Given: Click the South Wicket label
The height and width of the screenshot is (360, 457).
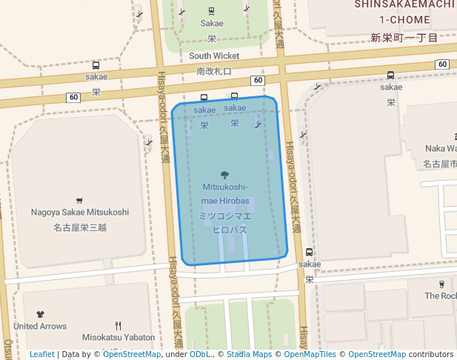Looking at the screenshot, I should click(214, 56).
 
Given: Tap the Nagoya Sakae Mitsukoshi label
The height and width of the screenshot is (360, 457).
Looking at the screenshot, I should click(80, 212).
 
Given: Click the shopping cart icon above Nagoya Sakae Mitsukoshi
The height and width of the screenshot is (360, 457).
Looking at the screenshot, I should click(79, 200).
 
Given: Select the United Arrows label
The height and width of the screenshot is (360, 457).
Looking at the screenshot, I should click(40, 326).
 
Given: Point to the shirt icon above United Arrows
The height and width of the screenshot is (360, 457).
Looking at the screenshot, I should click(40, 315).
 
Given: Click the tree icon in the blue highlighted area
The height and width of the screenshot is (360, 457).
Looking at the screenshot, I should click(225, 175).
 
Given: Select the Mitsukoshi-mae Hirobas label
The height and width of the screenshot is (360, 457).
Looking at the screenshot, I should click(225, 193).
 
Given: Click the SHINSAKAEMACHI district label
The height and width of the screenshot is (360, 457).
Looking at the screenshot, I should click(404, 4).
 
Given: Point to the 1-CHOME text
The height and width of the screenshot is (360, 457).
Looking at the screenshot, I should click(404, 20).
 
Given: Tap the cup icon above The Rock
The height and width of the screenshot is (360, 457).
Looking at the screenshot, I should click(442, 284).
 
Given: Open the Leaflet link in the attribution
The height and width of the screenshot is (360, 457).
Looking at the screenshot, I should click(41, 354).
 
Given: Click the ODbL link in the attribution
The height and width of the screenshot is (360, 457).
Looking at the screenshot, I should click(199, 354).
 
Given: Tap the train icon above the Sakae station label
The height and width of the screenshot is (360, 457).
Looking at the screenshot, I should click(212, 11).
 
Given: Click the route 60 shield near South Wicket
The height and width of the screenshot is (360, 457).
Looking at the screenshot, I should click(257, 80).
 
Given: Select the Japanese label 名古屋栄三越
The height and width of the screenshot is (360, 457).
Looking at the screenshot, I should click(80, 227).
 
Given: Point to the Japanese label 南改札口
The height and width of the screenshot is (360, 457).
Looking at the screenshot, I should click(214, 71).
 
